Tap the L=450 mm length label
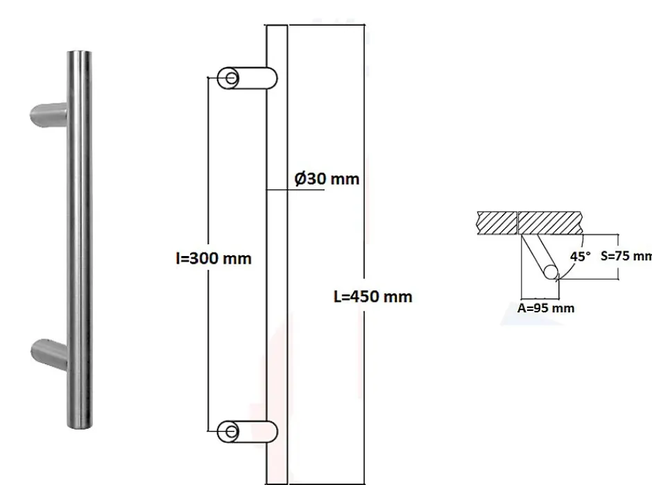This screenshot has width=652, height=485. coord(373,297)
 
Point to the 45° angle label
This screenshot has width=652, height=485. coord(580,256)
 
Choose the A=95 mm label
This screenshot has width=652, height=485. coord(547,307)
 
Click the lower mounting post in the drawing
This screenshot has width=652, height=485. coord(250,431)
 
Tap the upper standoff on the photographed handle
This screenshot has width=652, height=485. coord(49,114)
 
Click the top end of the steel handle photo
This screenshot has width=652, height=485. coord(82,56)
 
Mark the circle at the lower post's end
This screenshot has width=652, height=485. coord(229,431)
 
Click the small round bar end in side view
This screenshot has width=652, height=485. coord(551,272)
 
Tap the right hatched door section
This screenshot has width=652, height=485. coord(551,222)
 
